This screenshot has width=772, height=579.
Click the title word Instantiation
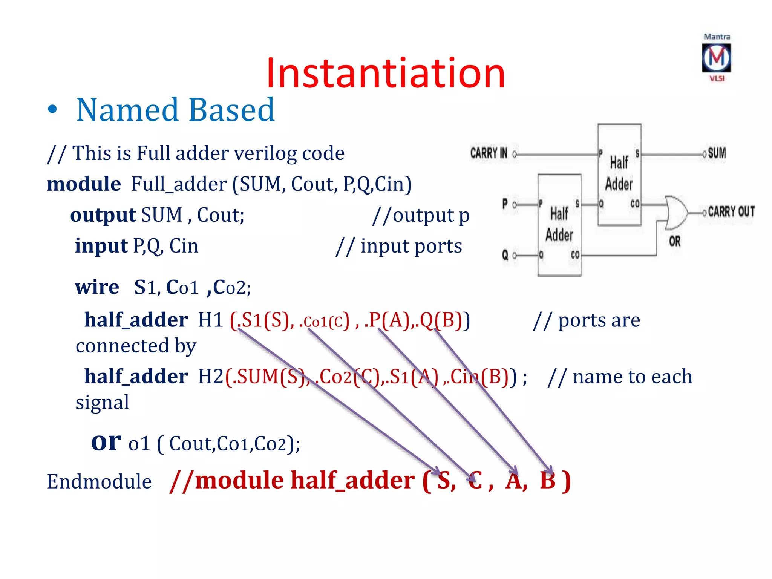click(x=385, y=73)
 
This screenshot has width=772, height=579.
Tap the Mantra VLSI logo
click(x=716, y=58)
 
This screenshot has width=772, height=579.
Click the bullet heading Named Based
click(x=175, y=110)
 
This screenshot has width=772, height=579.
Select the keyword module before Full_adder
click(x=84, y=184)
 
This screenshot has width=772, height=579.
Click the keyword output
click(x=103, y=215)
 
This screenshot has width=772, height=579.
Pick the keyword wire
click(x=97, y=287)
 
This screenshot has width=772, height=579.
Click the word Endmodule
click(x=99, y=482)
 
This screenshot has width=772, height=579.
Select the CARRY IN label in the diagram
click(x=489, y=153)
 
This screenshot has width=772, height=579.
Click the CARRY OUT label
click(x=731, y=212)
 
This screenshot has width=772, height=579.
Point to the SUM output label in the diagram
click(x=717, y=153)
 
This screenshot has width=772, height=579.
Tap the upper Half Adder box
click(x=619, y=174)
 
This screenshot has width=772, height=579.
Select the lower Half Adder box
click(x=559, y=225)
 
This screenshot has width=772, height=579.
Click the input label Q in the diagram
click(x=505, y=256)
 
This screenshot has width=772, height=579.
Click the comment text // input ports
click(x=399, y=247)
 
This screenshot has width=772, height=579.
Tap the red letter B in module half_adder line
click(x=547, y=481)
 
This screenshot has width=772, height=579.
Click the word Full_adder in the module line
click(x=179, y=184)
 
